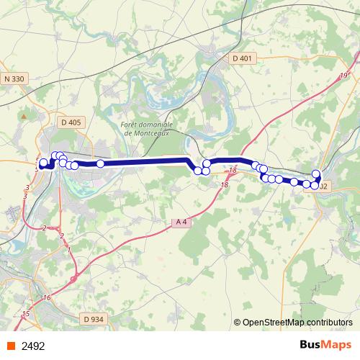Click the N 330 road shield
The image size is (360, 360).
click(14, 78)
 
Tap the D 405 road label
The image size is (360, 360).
click(71, 122)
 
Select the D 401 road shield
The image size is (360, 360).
click(241, 58)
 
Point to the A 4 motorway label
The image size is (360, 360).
click(181, 222)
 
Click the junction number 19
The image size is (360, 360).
click(344, 76)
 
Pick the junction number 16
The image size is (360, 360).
click(48, 298)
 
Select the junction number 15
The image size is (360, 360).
click(26, 314)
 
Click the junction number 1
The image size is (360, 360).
click(69, 250)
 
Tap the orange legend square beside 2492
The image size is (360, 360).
click(11, 346)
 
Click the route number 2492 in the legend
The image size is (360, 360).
click(34, 346)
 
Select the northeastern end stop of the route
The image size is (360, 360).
click(316, 172)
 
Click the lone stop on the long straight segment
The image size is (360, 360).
click(101, 163)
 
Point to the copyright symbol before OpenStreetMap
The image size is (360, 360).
click(238, 323)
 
